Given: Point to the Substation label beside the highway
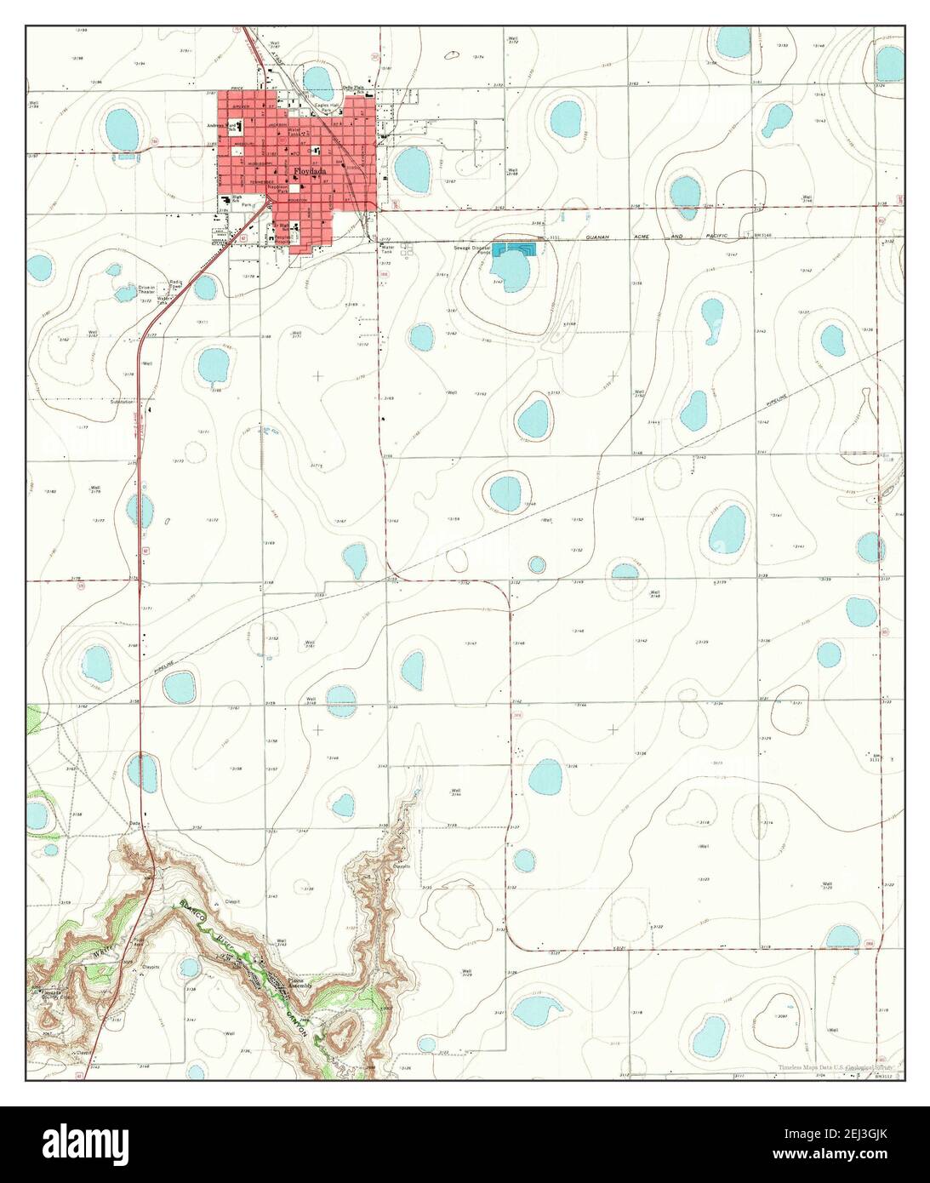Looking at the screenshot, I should pyautogui.click(x=122, y=402).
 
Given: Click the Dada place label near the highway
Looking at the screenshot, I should pyautogui.click(x=134, y=824).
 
